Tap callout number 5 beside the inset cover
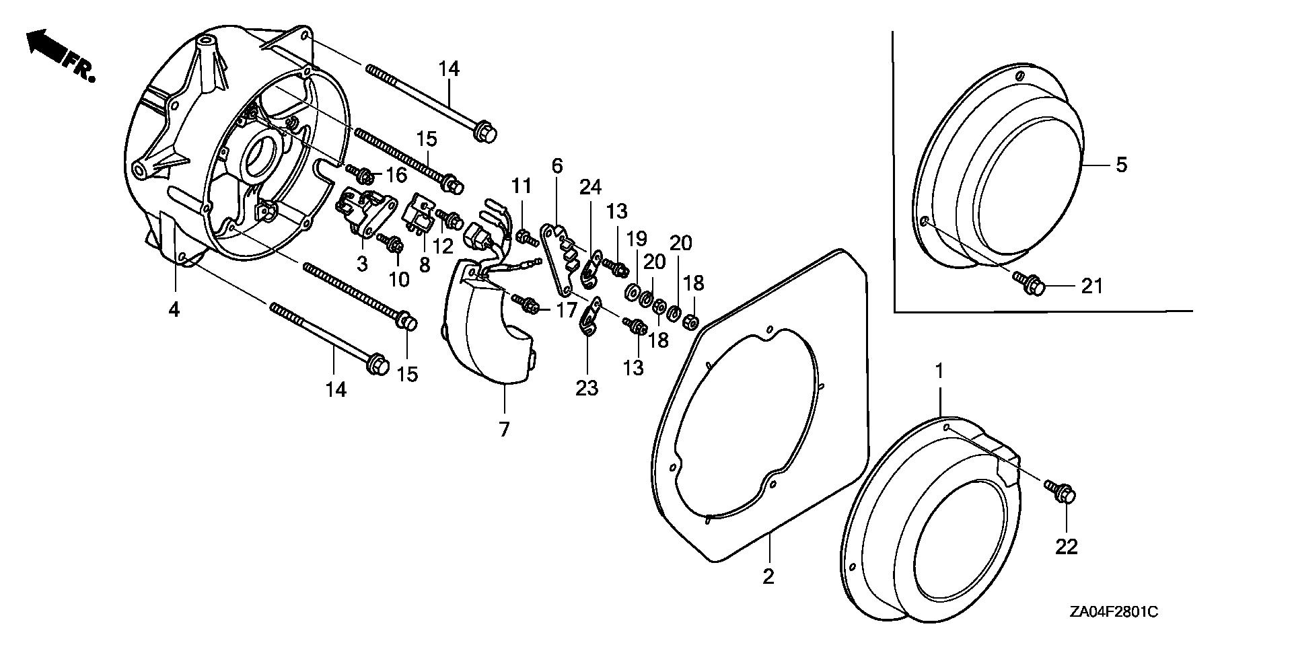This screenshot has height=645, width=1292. click(x=1121, y=165)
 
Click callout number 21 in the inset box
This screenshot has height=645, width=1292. click(x=1092, y=286)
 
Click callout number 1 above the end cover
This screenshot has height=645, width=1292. click(x=939, y=371)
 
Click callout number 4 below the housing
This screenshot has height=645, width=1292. click(x=174, y=310)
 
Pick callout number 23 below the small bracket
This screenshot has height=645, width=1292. click(x=587, y=388)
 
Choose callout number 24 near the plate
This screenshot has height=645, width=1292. click(x=591, y=187)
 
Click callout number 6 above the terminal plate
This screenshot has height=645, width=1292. click(x=557, y=165)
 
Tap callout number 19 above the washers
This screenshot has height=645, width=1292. click(x=637, y=239)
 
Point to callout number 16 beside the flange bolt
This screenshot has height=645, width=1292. click(x=396, y=176)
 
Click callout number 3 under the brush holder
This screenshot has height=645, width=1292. click(x=362, y=264)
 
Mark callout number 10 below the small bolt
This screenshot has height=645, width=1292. click(x=398, y=278)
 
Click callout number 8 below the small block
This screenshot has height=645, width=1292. click(x=424, y=264)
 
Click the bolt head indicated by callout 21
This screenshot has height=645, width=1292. click(x=1036, y=287)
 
